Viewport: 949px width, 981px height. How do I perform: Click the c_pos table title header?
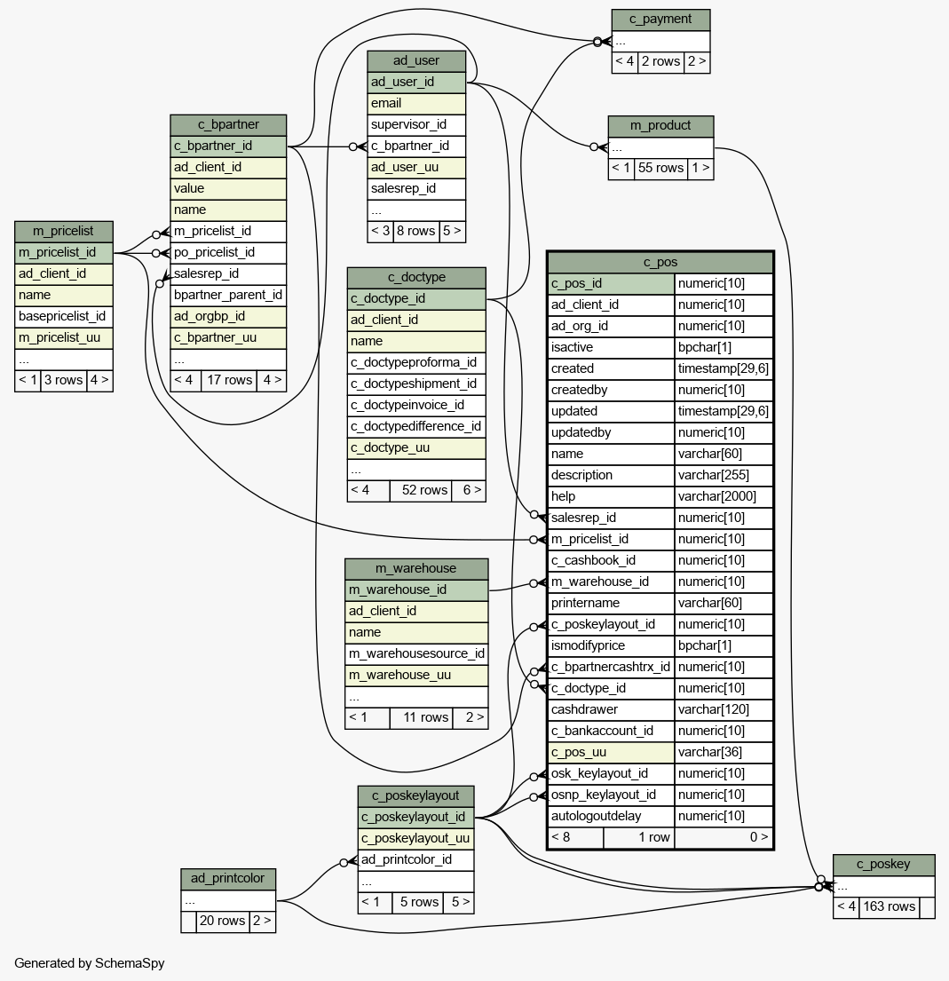[660, 262]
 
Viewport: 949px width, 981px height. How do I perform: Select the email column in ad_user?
[416, 103]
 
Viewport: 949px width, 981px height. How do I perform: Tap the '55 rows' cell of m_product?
[660, 169]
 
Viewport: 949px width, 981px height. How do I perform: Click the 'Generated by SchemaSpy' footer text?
[90, 963]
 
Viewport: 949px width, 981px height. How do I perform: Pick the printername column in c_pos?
[611, 603]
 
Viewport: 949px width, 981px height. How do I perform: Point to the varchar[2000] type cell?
[724, 497]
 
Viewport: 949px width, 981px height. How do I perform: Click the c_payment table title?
[660, 20]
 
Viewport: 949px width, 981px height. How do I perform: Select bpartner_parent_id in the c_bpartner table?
[228, 296]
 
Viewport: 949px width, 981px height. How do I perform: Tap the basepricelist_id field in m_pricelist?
[64, 317]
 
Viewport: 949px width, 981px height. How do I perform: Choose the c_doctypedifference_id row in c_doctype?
[416, 427]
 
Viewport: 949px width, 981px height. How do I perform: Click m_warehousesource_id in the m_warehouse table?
[416, 653]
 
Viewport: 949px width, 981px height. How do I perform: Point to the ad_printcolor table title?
[228, 878]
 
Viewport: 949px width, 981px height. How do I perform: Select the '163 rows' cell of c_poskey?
[889, 907]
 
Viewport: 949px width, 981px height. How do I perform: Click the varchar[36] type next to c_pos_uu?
[724, 753]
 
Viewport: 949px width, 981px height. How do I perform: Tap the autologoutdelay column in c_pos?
[611, 817]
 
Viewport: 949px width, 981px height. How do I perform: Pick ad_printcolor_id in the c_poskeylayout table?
[416, 859]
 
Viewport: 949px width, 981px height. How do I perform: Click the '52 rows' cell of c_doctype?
[424, 490]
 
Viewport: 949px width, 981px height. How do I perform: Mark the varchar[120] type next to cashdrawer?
[724, 710]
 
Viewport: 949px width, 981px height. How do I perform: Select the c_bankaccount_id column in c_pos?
[611, 732]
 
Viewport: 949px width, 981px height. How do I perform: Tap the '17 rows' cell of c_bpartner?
[229, 380]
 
